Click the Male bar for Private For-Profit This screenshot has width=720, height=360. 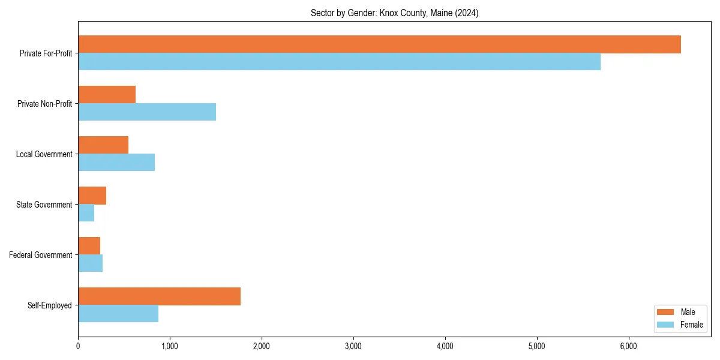tap(379, 44)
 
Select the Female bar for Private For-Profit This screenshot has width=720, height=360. tap(339, 62)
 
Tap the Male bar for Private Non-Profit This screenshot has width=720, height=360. tap(107, 95)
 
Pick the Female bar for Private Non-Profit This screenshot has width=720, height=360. tap(147, 112)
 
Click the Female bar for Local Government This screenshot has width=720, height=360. tap(116, 163)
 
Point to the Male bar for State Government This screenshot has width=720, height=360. tap(92, 196)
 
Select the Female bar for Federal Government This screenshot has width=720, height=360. tap(90, 263)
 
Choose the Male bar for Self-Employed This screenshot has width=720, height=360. tap(159, 296)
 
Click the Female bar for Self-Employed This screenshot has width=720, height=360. tap(118, 314)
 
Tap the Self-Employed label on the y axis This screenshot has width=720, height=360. tap(50, 305)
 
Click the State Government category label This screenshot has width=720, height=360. tap(44, 205)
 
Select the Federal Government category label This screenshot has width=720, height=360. tap(41, 255)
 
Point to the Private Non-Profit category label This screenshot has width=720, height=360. tap(44, 104)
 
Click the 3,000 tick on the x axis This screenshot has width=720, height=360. tap(353, 346)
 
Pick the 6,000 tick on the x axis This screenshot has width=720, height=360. tap(628, 346)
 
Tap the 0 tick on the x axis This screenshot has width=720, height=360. tap(78, 346)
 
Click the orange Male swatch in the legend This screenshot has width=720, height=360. tap(666, 312)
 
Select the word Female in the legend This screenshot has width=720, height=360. tap(692, 325)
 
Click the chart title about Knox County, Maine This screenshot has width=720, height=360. tap(394, 13)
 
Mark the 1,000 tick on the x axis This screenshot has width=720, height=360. tap(170, 346)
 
